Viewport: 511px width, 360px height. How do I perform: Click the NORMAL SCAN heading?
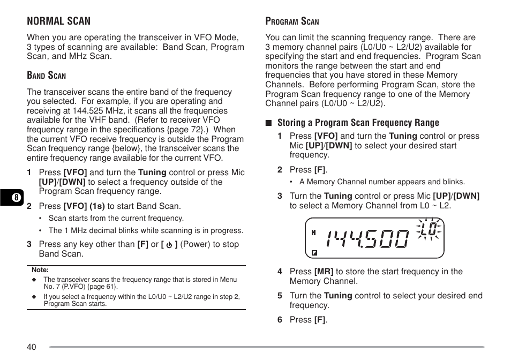[59, 21]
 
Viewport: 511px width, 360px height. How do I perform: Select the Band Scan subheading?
[47, 76]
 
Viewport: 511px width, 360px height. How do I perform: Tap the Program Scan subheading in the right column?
[292, 21]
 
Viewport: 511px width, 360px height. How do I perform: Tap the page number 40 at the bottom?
[32, 347]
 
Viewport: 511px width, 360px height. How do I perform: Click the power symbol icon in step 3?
[169, 245]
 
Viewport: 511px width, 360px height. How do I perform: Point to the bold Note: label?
[40, 271]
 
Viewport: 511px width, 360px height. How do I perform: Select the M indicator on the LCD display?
[313, 232]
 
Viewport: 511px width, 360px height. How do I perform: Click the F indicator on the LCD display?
[314, 252]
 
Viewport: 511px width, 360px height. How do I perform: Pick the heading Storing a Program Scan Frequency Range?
[358, 123]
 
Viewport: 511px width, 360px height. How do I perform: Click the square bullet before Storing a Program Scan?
[269, 123]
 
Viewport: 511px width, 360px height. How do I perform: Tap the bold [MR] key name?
[324, 272]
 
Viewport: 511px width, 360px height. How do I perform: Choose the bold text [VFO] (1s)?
[84, 206]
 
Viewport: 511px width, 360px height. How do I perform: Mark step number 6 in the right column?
[280, 320]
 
